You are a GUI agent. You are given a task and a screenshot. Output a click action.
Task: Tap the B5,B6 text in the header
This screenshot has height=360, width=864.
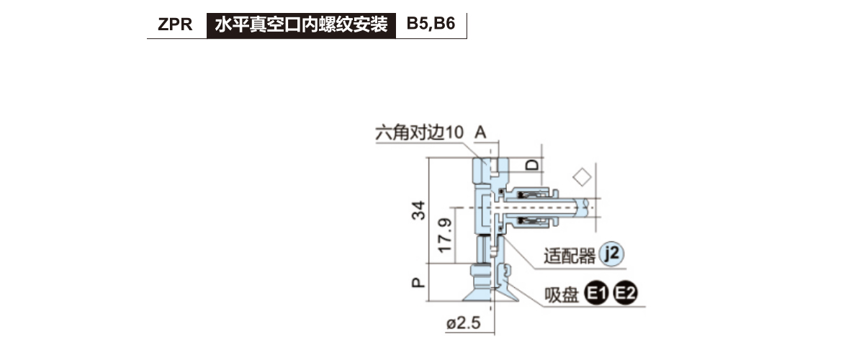(x=431, y=24)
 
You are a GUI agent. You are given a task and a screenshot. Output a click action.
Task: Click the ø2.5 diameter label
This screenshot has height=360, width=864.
(x=463, y=323)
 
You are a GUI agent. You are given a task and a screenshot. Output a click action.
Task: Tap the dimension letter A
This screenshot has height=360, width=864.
(x=481, y=132)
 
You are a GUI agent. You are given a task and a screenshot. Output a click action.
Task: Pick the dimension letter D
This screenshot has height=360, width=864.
(x=531, y=165)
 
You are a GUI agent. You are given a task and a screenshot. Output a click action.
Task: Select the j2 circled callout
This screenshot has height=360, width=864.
(x=611, y=253)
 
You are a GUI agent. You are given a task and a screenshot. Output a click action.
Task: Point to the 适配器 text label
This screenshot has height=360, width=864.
(x=570, y=256)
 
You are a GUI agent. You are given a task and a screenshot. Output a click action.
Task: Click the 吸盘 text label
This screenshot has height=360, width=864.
(x=562, y=294)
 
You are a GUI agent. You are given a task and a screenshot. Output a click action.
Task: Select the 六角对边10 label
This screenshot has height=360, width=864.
(x=418, y=133)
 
